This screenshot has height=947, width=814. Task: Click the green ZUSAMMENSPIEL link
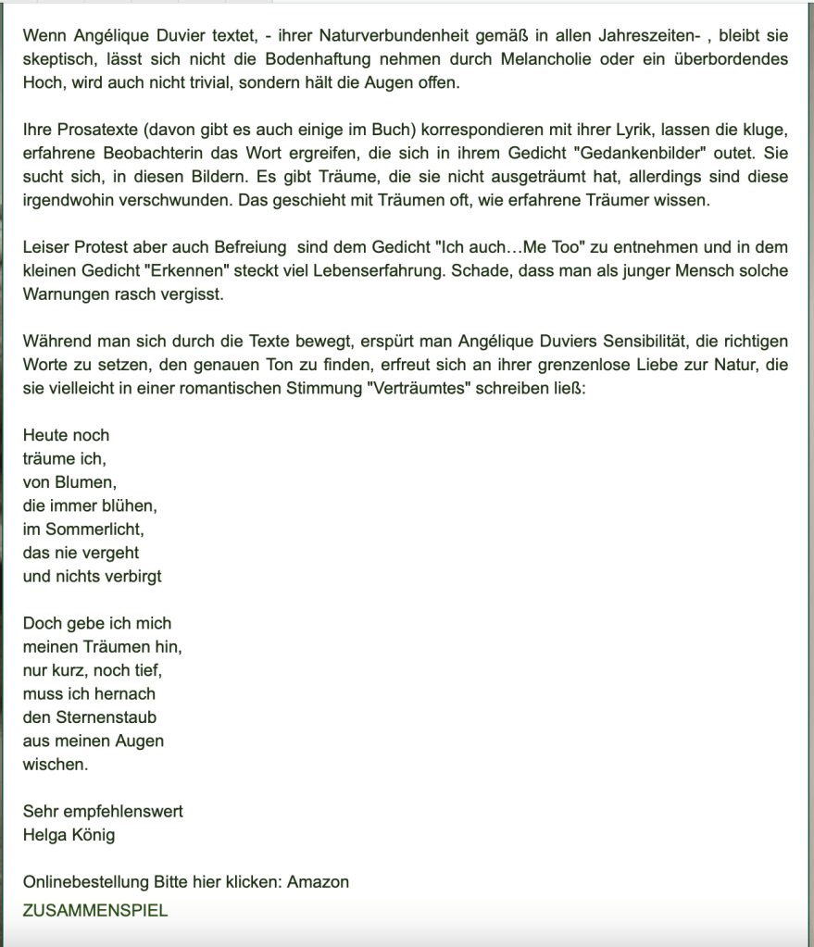(95, 910)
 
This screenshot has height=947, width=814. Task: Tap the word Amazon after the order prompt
(318, 881)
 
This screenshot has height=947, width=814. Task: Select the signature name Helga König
(69, 835)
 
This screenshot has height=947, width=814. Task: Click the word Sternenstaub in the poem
(103, 716)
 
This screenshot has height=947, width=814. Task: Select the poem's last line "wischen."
(56, 765)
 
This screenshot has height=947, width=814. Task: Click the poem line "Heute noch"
(66, 435)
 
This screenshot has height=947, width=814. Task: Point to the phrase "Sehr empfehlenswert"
(103, 811)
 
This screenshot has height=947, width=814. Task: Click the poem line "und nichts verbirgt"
(92, 576)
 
